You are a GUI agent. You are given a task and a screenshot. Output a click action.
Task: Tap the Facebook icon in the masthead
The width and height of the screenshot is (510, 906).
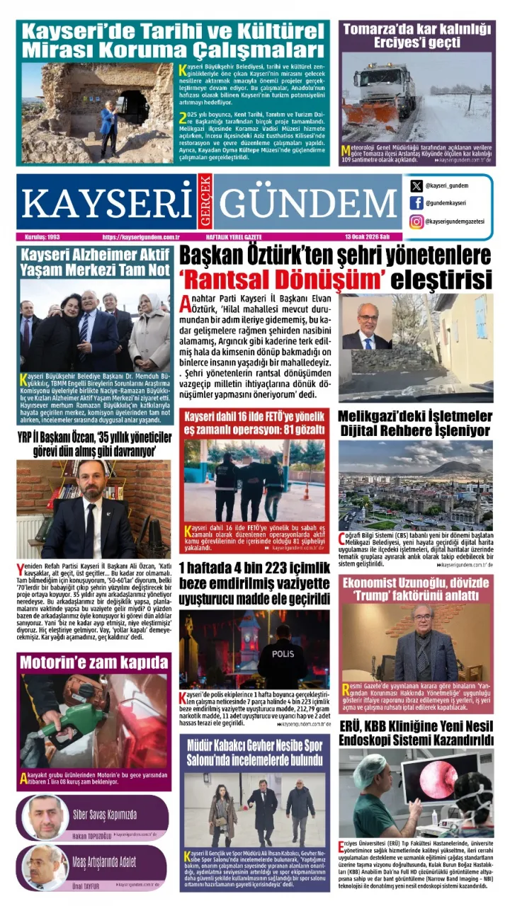(x=416, y=203)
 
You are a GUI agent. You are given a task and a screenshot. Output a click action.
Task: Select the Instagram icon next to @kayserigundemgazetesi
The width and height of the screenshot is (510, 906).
(x=416, y=222)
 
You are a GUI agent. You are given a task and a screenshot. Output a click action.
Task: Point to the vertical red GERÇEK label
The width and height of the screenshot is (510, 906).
(x=204, y=201)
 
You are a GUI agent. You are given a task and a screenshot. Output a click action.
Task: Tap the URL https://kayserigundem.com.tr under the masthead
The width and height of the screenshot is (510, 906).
(x=142, y=237)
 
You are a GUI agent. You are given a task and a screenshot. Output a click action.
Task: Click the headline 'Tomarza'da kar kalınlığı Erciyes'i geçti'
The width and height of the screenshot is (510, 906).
(x=416, y=36)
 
